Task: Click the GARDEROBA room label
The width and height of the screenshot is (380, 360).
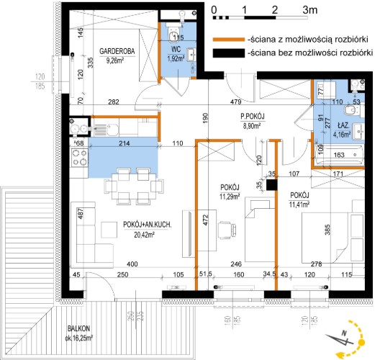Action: pyautogui.click(x=117, y=51)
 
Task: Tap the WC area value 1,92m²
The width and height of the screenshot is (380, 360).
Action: pyautogui.click(x=176, y=58)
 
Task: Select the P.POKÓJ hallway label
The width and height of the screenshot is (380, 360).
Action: pyautogui.click(x=253, y=117)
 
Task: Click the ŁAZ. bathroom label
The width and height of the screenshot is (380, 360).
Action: pyautogui.click(x=344, y=125)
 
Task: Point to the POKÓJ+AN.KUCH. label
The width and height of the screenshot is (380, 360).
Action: pyautogui.click(x=148, y=225)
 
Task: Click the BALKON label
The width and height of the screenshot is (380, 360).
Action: pyautogui.click(x=78, y=328)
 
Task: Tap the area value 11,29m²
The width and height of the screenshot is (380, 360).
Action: pyautogui.click(x=230, y=197)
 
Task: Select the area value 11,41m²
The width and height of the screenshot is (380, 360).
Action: pyautogui.click(x=299, y=204)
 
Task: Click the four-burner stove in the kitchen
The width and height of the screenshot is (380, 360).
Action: pyautogui.click(x=78, y=158)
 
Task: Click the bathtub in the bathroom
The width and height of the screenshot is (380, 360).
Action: pyautogui.click(x=339, y=155)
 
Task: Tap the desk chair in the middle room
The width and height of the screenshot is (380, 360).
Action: pyautogui.click(x=227, y=229)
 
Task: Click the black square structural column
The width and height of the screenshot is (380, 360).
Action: pyautogui.click(x=272, y=185)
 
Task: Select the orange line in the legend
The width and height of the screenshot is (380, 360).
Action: pyautogui.click(x=229, y=40)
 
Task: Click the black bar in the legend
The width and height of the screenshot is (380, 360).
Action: pyautogui.click(x=229, y=53)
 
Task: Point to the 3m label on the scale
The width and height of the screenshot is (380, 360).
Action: pyautogui.click(x=310, y=9)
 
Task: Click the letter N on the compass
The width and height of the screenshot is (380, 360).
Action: pyautogui.click(x=343, y=333)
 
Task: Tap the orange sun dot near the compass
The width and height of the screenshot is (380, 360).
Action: pyautogui.click(x=362, y=342)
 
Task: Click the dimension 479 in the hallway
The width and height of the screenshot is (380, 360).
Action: pyautogui.click(x=236, y=102)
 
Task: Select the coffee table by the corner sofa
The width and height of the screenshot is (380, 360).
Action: pyautogui.click(x=109, y=230)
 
